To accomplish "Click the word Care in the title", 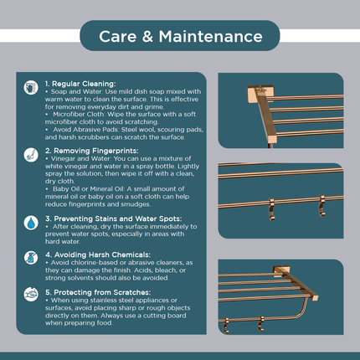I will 118,37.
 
